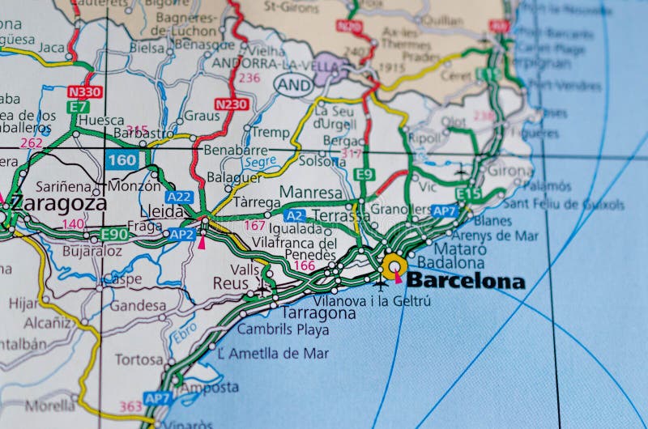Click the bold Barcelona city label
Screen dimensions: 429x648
click(465, 282)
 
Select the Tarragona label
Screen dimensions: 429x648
click(318, 312)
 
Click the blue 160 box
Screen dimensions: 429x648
click(122, 160)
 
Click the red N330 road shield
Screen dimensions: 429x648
click(85, 92)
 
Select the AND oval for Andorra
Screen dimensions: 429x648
click(293, 83)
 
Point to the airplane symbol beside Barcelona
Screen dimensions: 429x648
click(381, 283)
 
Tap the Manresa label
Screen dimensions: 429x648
click(310, 193)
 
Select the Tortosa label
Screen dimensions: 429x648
click(139, 359)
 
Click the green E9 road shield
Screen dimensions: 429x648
click(364, 174)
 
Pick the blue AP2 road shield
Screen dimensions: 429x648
click(181, 235)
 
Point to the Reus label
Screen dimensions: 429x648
click(229, 282)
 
